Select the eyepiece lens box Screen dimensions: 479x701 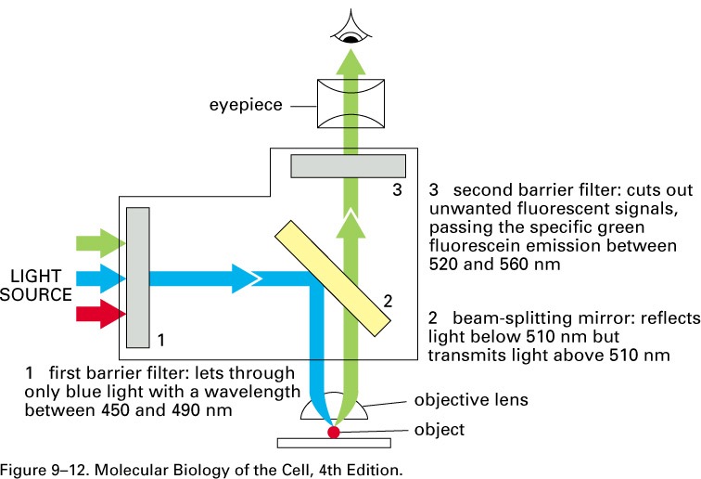[x=350, y=104]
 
